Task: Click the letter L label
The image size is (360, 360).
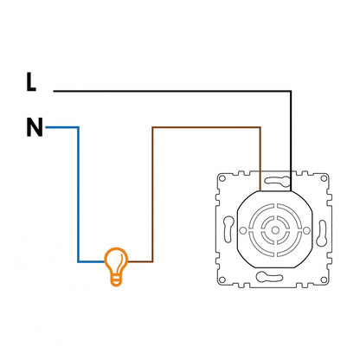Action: [31, 82]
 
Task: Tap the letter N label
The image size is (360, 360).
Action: [35, 127]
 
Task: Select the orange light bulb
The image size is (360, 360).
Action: [116, 267]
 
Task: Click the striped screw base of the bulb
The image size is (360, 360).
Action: [116, 280]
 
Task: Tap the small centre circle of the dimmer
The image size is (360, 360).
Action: [275, 230]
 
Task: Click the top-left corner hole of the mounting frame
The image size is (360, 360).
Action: [222, 178]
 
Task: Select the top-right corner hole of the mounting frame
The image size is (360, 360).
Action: [324, 178]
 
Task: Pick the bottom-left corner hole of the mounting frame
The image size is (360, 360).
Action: [222, 280]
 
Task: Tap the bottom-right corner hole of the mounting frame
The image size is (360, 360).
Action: [324, 280]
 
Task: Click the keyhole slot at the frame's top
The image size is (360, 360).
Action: [278, 181]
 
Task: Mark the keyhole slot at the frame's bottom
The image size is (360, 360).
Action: [269, 277]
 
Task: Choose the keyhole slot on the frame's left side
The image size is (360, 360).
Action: [228, 229]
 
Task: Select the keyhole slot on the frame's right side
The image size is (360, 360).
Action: [322, 233]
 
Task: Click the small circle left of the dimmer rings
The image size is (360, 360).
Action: [243, 230]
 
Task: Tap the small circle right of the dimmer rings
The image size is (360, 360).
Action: [307, 230]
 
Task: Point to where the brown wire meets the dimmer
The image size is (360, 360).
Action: [260, 191]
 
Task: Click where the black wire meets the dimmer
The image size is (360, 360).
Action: [291, 191]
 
